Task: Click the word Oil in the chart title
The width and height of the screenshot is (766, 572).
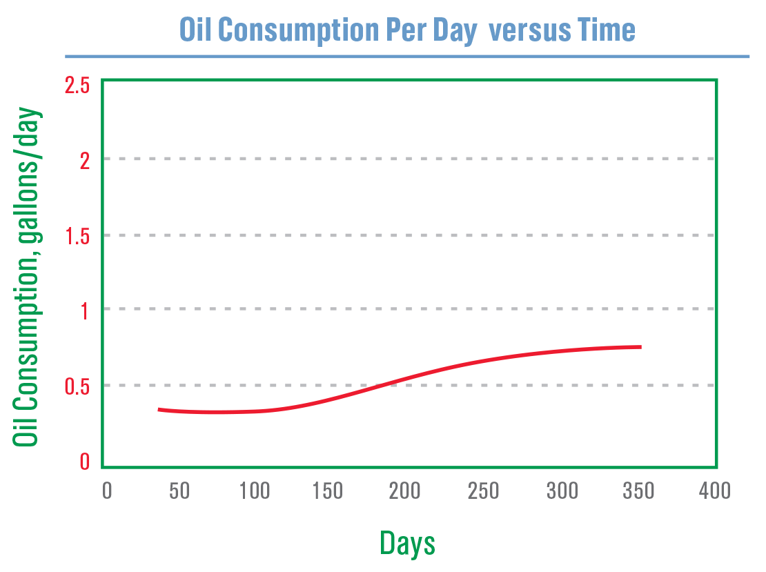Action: point(196,30)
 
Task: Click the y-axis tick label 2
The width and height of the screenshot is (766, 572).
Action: point(84,159)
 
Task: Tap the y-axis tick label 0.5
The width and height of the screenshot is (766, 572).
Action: point(77,386)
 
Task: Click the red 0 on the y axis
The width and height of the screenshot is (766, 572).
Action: point(84,462)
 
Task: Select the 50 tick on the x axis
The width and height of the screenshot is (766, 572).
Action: point(179,491)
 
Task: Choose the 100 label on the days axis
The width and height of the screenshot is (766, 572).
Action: point(255,491)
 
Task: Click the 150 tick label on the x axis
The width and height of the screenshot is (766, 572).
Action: point(327,491)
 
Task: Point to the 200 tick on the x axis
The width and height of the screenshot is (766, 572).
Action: point(404,491)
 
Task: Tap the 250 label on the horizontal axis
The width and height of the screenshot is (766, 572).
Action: point(483,491)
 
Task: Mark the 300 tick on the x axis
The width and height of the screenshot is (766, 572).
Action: point(562,491)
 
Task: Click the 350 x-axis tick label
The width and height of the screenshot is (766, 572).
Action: point(638,491)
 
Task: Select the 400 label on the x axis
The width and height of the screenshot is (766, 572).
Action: point(714,491)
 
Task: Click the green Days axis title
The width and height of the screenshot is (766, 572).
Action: point(407,543)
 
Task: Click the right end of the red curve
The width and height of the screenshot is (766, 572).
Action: point(640,346)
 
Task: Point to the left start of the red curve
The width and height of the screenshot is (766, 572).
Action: point(159,409)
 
